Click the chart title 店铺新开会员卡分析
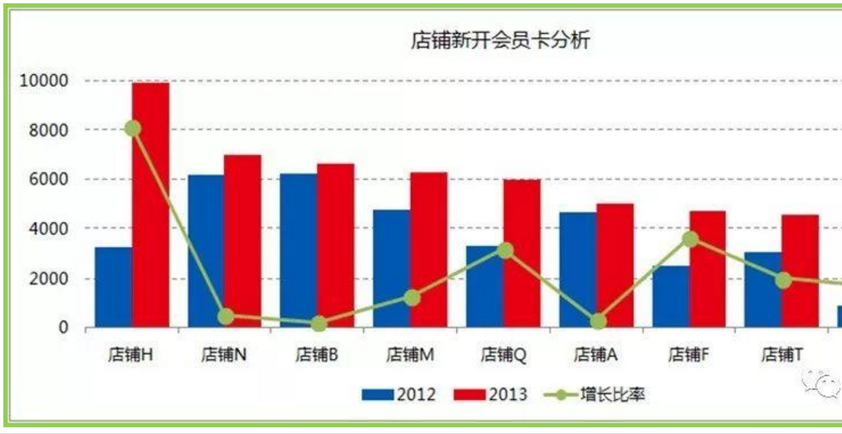coord(501,41)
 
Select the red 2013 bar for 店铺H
coord(151,205)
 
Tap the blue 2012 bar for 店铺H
coord(114,287)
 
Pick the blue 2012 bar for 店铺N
coord(206,251)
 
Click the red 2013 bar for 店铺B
coord(335,246)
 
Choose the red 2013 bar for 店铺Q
coord(522,254)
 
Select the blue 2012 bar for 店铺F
coord(671,296)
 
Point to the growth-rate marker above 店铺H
coord(133,129)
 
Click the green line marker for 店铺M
coord(412,298)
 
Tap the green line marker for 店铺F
coord(691,239)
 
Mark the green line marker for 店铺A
coord(598,322)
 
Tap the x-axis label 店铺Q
coord(503,354)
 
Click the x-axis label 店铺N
coord(224,354)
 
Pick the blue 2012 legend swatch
coord(378,395)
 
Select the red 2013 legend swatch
coord(470,395)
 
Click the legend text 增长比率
coord(613,395)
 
